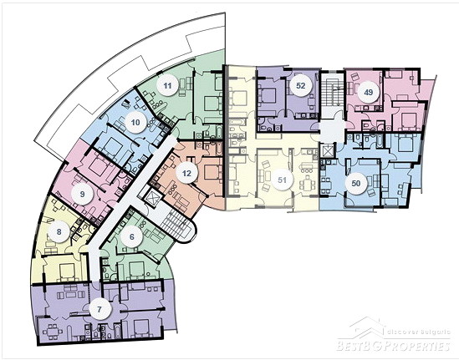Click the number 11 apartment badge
167,86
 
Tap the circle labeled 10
135,122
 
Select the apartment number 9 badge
82,194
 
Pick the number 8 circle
59,232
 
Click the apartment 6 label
132,236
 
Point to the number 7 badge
99,309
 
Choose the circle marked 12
186,173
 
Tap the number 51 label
282,180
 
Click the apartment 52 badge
301,86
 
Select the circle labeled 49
368,93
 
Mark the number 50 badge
356,184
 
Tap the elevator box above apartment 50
327,151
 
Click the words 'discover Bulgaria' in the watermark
419,332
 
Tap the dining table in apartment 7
53,332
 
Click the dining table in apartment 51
308,185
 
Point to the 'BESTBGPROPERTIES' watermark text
394,345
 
